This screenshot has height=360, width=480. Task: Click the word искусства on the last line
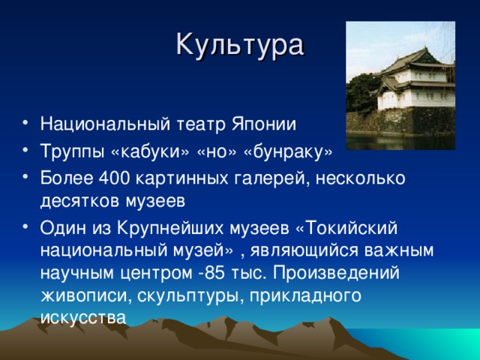(82, 316)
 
